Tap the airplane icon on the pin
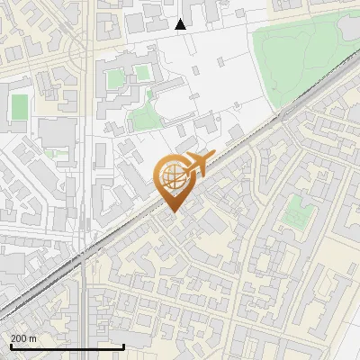pos(195,164)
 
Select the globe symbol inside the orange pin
pos(171,177)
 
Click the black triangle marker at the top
pos(181,24)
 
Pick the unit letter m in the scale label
pos(32,337)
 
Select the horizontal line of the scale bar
pos(67,346)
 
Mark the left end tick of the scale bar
pos(11,345)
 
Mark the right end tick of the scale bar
pos(123,345)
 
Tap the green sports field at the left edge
pos(19,107)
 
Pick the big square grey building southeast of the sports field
pos(56,136)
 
